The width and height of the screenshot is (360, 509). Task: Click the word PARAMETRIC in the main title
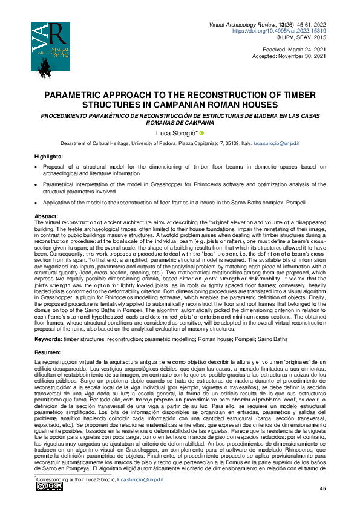tap(77, 95)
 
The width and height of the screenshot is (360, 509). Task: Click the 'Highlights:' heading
tap(48, 157)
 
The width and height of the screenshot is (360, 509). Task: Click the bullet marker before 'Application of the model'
tap(38, 203)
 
